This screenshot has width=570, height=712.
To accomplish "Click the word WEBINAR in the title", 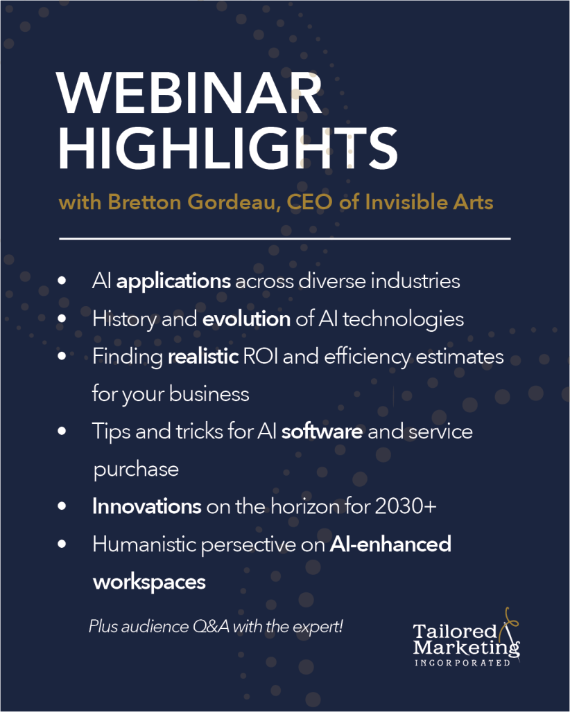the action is click(189, 93).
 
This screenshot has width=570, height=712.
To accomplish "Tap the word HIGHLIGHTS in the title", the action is click(228, 148).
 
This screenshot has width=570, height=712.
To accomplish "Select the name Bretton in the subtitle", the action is click(144, 202).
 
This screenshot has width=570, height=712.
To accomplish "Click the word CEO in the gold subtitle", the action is click(309, 202).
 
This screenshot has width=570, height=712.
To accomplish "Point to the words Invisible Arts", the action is click(429, 202).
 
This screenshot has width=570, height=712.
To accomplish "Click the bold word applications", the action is click(173, 281).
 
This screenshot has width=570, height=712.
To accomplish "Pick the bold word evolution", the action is click(246, 319).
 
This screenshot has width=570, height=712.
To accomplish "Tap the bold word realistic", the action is click(203, 357).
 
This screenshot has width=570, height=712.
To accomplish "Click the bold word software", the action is click(322, 431).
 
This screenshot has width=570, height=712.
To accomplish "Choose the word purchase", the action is click(136, 470).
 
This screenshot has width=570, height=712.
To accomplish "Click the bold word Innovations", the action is click(147, 506).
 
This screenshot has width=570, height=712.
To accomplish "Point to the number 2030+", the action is click(406, 506).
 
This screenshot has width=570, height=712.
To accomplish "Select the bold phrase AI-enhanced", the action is click(390, 544).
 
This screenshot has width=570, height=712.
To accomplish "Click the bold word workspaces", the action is click(150, 582).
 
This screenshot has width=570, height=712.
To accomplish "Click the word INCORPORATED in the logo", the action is click(463, 663).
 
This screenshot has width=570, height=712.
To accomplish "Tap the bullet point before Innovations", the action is click(62, 506).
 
